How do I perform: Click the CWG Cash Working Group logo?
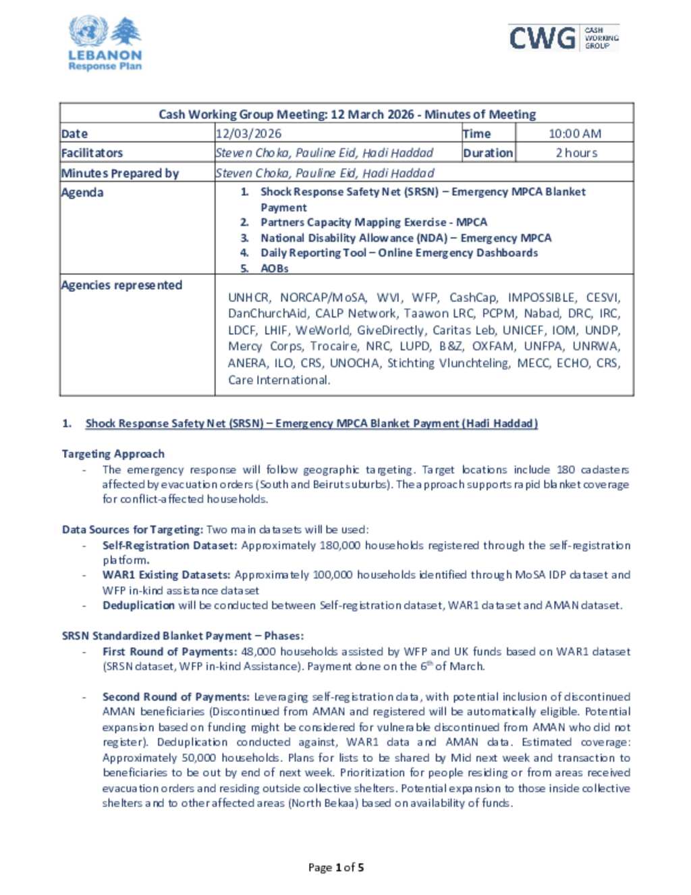click(x=563, y=38)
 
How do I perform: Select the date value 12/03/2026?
click(x=248, y=134)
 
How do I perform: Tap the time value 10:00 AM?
click(x=574, y=134)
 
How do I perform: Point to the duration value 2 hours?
click(x=576, y=153)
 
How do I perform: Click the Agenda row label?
click(x=82, y=193)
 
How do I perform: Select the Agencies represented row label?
click(x=121, y=285)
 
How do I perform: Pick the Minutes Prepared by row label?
click(x=120, y=173)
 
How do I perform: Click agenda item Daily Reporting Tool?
click(x=399, y=253)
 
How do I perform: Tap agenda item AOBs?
click(x=274, y=268)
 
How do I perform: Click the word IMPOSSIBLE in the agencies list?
click(x=543, y=297)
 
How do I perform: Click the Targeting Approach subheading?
click(x=113, y=454)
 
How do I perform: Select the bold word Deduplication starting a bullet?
click(x=138, y=605)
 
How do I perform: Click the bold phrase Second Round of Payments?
click(x=175, y=696)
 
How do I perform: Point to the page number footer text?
click(x=336, y=867)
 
